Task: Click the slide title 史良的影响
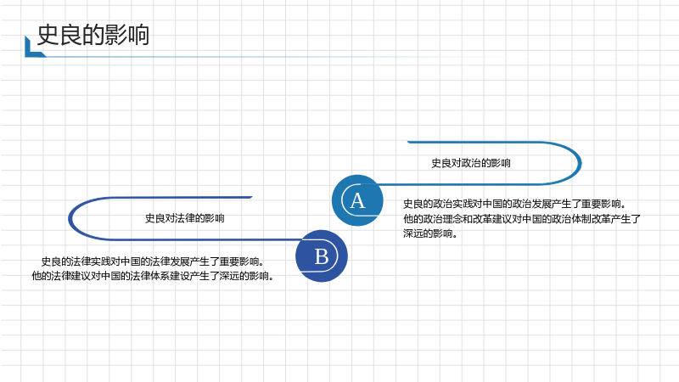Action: [x=93, y=35]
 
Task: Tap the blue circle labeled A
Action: [x=357, y=200]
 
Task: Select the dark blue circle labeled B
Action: [x=322, y=256]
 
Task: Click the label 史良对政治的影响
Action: [x=471, y=163]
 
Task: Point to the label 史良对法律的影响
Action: [x=184, y=218]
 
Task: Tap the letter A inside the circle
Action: [x=357, y=200]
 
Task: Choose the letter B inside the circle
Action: [x=322, y=256]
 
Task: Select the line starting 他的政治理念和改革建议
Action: [x=522, y=219]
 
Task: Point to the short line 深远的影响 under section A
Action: [x=430, y=234]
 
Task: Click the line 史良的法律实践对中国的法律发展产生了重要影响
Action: [x=153, y=261]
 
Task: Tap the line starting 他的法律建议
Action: [x=153, y=276]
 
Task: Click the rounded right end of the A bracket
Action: [x=580, y=163]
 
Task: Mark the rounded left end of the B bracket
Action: [x=70, y=218]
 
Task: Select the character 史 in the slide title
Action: [x=48, y=35]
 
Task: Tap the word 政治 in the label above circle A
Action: [x=471, y=163]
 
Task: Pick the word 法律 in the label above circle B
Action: [x=184, y=218]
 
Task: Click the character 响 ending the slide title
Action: [x=138, y=35]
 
